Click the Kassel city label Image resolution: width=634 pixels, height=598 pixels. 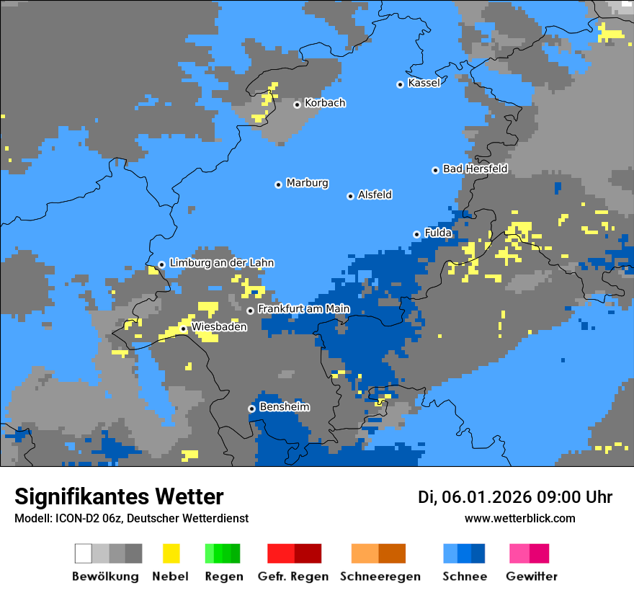(424, 83)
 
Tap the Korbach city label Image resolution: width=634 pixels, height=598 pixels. (325, 103)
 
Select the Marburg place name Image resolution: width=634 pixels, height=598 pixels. (307, 183)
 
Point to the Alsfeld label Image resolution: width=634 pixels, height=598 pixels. (375, 195)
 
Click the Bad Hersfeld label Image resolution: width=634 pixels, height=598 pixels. (475, 169)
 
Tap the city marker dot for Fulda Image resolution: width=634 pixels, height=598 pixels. (416, 234)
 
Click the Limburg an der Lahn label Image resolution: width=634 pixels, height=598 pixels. (221, 263)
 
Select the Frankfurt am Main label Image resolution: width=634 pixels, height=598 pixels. (303, 309)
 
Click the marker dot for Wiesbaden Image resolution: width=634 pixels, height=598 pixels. (184, 329)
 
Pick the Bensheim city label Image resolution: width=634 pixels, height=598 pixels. (284, 407)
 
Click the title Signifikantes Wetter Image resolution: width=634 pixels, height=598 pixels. (119, 496)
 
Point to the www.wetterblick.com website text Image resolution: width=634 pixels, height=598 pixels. (519, 518)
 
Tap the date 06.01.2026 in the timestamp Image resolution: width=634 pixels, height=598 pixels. (483, 497)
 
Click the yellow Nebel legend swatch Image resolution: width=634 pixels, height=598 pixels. (171, 553)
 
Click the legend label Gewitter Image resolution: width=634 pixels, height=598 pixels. (531, 576)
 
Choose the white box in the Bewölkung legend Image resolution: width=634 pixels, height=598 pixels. (83, 553)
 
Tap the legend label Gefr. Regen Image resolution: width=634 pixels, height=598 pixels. (293, 576)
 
